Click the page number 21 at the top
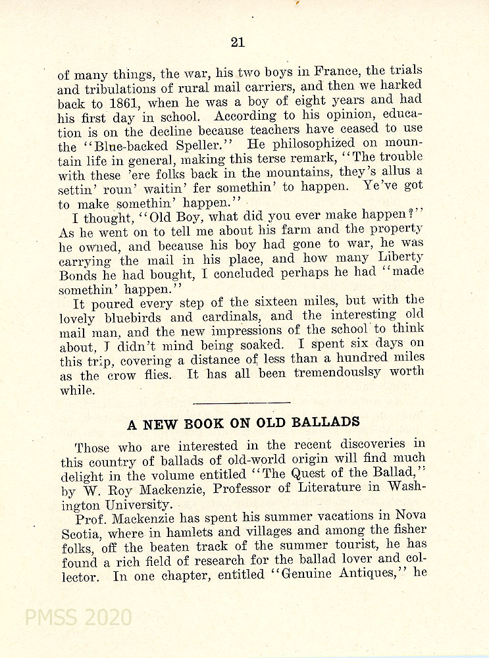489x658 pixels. pos(238,43)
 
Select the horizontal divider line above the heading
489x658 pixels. pos(242,401)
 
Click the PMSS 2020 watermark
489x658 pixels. pos(78,617)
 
